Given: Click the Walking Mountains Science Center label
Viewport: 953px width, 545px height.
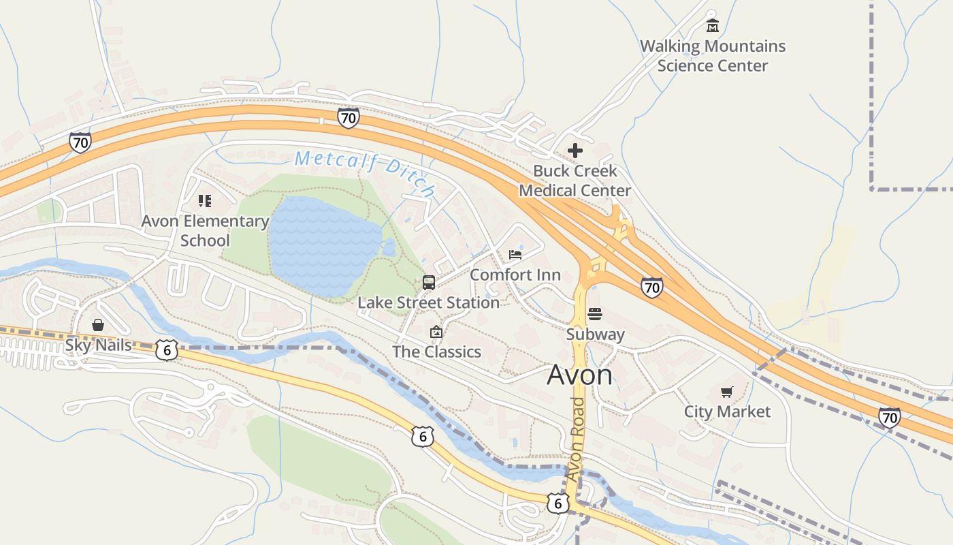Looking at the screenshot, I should click(x=712, y=56).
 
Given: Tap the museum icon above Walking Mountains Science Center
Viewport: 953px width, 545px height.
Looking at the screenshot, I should click(x=713, y=27).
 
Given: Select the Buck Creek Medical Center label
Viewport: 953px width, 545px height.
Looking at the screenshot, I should click(x=575, y=181).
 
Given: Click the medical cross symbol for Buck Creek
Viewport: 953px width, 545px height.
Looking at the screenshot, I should click(x=575, y=151).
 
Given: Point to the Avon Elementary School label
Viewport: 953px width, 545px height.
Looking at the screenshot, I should click(x=205, y=230).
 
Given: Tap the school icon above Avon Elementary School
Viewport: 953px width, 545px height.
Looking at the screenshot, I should click(x=205, y=200).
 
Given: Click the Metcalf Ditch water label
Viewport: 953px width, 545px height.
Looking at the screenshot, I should click(x=364, y=172).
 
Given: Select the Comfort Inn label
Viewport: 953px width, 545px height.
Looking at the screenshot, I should click(x=515, y=275).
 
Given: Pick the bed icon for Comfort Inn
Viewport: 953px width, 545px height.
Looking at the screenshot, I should click(x=515, y=255).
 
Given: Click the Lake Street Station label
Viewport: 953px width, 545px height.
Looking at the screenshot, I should click(x=428, y=302).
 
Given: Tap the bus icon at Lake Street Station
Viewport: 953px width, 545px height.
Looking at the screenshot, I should click(x=429, y=282).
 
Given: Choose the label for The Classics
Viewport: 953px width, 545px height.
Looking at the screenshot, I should click(x=436, y=352).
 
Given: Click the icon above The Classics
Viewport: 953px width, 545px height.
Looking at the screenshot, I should click(x=436, y=332).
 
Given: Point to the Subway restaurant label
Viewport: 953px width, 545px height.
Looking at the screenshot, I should click(x=596, y=334).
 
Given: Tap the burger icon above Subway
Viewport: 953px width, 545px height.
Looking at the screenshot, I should click(x=595, y=314).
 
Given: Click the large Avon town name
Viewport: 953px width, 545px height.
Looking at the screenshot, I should click(x=579, y=375).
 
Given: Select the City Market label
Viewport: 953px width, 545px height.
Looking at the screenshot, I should click(x=727, y=411).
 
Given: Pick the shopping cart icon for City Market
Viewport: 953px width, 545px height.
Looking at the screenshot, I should click(x=727, y=392).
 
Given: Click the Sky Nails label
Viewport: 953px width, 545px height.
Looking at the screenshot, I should click(x=99, y=345).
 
